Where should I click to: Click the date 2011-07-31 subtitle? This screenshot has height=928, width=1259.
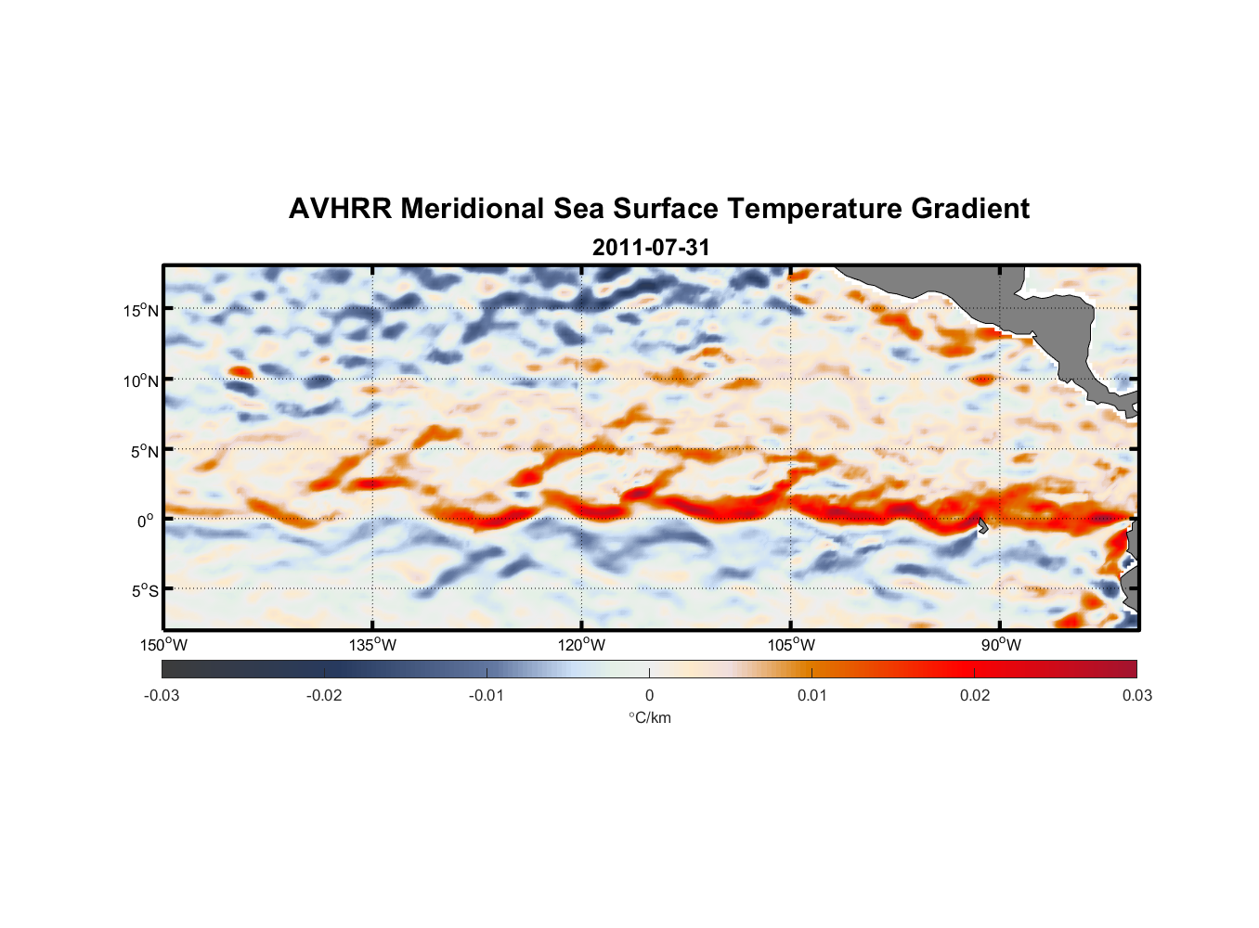tap(651, 248)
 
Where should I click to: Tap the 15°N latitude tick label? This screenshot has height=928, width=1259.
tap(140, 310)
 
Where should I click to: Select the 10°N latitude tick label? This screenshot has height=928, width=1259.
tap(140, 380)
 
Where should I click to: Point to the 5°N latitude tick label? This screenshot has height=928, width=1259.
tap(144, 451)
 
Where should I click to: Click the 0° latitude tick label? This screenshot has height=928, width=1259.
tap(146, 521)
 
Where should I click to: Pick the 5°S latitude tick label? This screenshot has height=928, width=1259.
tap(144, 591)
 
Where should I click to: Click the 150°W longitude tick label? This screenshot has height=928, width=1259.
tap(163, 645)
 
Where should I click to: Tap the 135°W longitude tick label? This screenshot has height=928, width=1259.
tap(372, 645)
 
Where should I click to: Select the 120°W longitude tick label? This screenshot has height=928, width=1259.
tap(581, 645)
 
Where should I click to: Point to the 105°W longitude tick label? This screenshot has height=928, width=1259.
tap(791, 645)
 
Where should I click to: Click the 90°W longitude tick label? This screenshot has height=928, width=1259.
tap(1001, 645)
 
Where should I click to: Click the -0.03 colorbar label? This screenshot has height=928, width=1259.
tap(162, 696)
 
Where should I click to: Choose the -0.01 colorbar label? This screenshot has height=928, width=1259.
tap(487, 696)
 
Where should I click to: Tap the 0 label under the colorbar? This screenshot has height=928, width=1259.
tap(649, 696)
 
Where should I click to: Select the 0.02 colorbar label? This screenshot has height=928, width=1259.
tap(975, 696)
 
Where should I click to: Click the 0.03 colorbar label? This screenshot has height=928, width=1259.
tap(1136, 696)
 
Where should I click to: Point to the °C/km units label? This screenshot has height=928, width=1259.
tap(650, 717)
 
